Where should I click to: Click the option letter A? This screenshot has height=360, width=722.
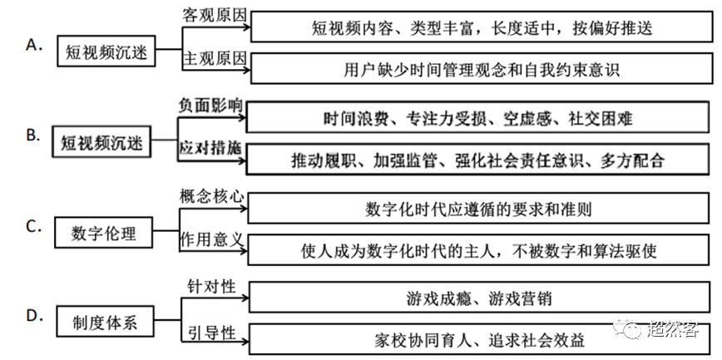tap(32, 46)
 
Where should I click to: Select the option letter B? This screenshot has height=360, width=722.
tap(32, 135)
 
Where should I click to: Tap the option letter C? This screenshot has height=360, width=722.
tap(32, 225)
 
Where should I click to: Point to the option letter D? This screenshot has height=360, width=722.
tap(32, 315)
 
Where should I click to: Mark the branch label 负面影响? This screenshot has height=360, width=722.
tap(211, 106)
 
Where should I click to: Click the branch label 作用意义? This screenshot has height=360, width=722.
tap(211, 239)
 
